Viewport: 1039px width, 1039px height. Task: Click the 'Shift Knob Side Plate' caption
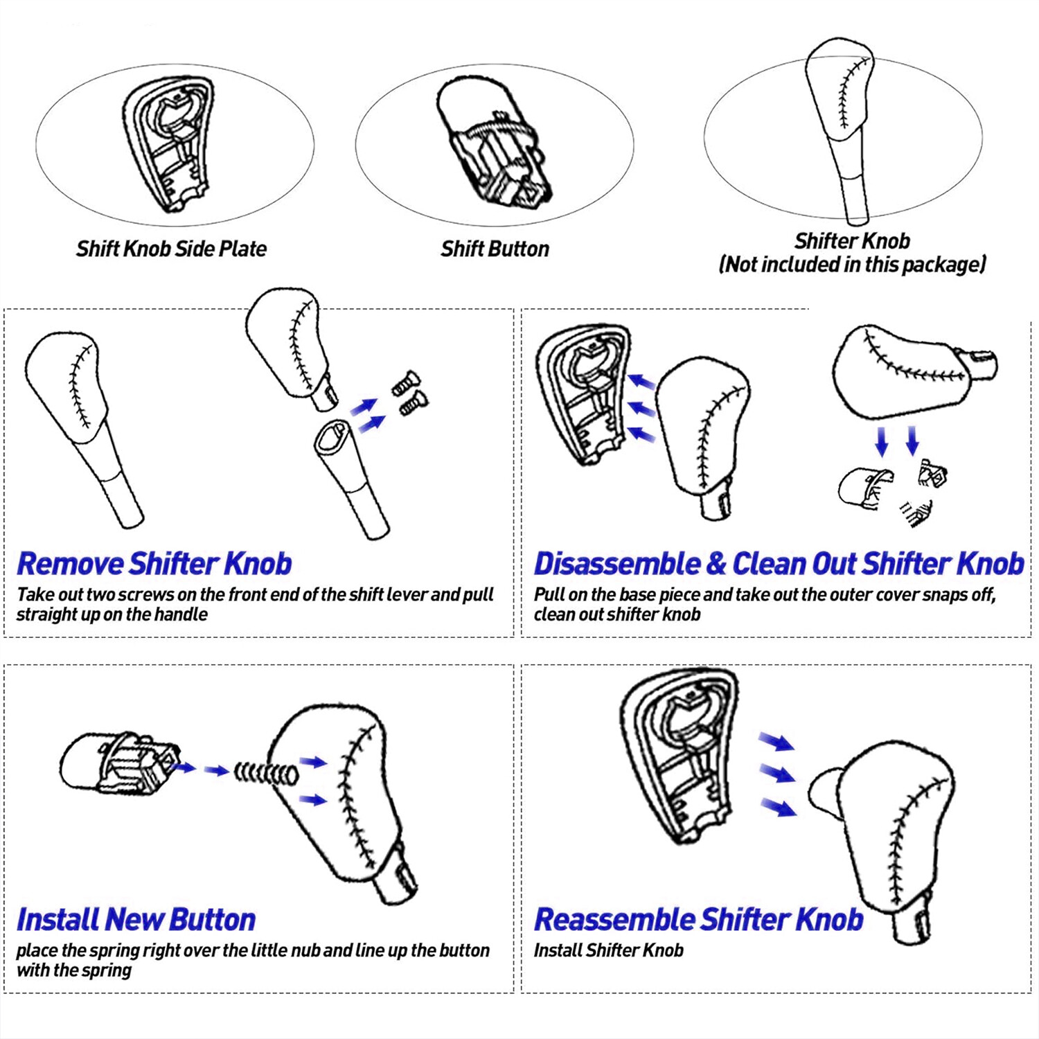[x=171, y=249]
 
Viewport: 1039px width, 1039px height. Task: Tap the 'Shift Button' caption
[x=495, y=249]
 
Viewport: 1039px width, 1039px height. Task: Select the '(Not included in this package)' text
[x=852, y=265]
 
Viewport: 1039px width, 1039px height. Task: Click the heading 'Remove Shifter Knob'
[x=154, y=564]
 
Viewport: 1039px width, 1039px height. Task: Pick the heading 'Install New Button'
[x=136, y=920]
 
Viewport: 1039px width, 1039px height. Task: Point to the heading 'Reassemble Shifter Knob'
[x=698, y=920]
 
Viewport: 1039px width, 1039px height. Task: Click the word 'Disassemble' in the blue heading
[x=616, y=564]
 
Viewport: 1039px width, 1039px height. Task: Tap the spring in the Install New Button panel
[x=266, y=772]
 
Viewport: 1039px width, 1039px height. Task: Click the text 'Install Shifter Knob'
[x=608, y=950]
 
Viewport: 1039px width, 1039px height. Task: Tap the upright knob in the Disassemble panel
[x=703, y=429]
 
